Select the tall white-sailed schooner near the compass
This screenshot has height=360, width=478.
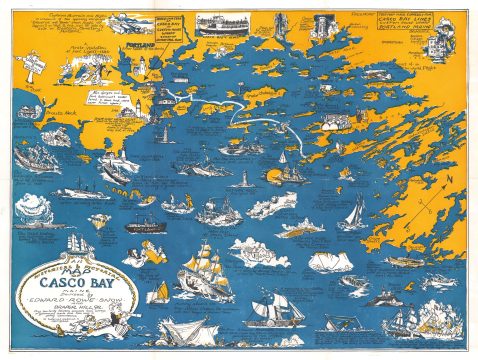point(355,212)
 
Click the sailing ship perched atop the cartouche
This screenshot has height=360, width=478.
point(79,243)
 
